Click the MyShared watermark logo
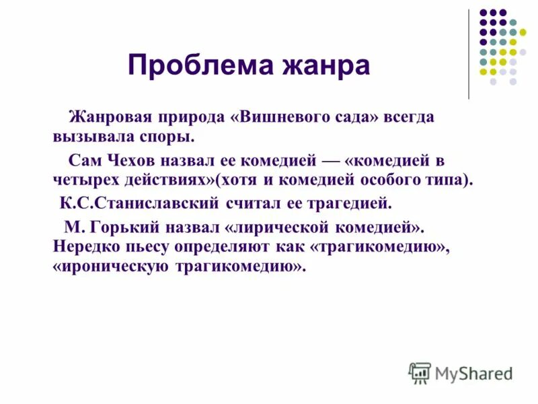pos(461,372)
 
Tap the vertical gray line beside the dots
pos(469,54)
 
